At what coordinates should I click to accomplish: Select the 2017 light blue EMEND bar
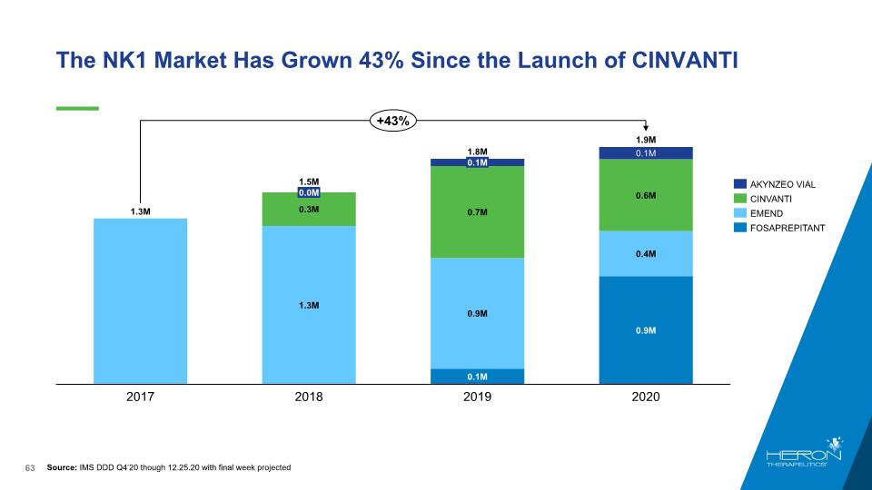click(140, 299)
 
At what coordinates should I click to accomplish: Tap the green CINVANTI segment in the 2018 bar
click(308, 210)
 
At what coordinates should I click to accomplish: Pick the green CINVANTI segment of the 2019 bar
click(477, 211)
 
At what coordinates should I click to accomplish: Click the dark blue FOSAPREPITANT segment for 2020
click(646, 329)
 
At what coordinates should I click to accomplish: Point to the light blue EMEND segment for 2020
click(646, 253)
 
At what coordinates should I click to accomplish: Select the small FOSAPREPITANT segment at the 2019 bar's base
click(477, 376)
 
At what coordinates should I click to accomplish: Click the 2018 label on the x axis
click(308, 397)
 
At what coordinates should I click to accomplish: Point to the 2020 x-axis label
click(646, 397)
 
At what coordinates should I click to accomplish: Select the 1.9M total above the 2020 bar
click(646, 140)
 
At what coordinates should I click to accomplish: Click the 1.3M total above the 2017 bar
click(140, 211)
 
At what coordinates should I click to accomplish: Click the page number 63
click(29, 467)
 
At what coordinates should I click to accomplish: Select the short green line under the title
click(76, 108)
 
